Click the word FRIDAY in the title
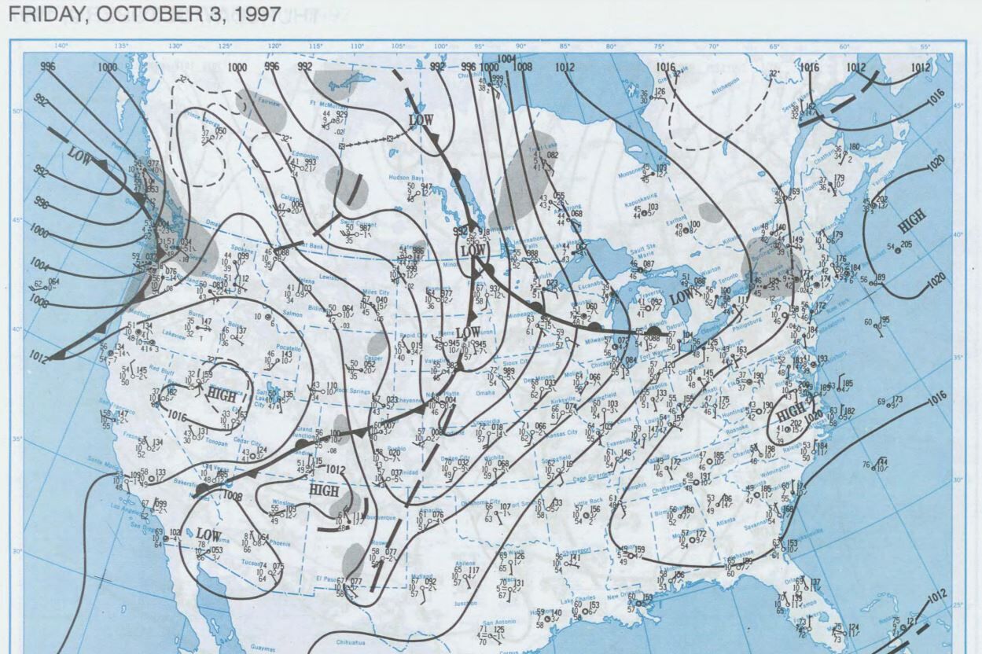click(35, 13)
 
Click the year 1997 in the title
click(259, 13)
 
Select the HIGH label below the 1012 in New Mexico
click(323, 490)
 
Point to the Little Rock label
click(587, 501)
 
